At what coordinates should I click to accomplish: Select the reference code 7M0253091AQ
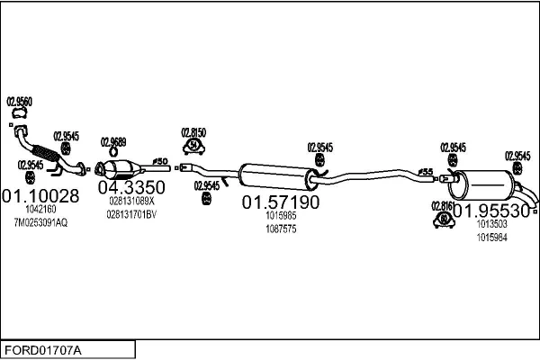pyautogui.click(x=40, y=222)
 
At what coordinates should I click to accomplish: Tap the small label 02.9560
pyautogui.click(x=20, y=102)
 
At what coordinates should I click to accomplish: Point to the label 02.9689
pyautogui.click(x=113, y=142)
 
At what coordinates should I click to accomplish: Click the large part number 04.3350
pyautogui.click(x=131, y=187)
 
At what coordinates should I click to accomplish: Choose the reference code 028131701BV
pyautogui.click(x=131, y=214)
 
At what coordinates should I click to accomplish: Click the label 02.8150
pyautogui.click(x=193, y=131)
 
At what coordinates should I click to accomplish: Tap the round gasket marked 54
pyautogui.click(x=193, y=145)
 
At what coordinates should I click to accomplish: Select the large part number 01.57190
pyautogui.click(x=280, y=202)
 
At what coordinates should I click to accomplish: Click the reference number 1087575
pyautogui.click(x=281, y=229)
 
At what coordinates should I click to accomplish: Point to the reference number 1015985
pyautogui.click(x=281, y=216)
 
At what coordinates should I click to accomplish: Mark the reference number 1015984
pyautogui.click(x=492, y=238)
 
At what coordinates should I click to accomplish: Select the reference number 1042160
pyautogui.click(x=40, y=210)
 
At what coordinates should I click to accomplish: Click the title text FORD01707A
pyautogui.click(x=42, y=349)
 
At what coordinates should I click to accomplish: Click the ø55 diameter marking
pyautogui.click(x=427, y=171)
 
